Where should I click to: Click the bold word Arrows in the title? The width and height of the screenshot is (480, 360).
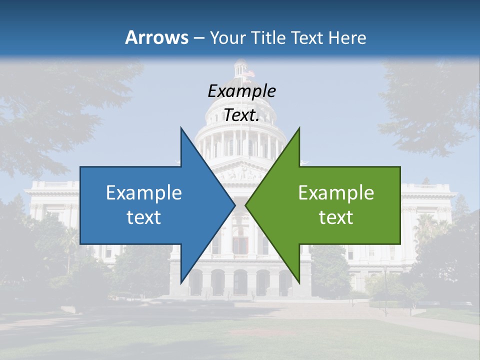(x=157, y=37)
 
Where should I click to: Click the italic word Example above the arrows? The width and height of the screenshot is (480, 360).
(x=241, y=91)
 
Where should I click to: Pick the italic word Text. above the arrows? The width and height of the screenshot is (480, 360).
(x=241, y=115)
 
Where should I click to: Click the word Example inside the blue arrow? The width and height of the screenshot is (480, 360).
(x=144, y=192)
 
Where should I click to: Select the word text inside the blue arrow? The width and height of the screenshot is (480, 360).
(x=144, y=217)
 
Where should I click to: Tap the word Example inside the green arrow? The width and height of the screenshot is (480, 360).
(x=336, y=192)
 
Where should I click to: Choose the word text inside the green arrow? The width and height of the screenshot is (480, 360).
(x=336, y=217)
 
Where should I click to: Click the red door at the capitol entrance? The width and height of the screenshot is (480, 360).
(x=240, y=245)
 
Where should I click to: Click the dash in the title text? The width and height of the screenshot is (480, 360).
(x=198, y=38)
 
